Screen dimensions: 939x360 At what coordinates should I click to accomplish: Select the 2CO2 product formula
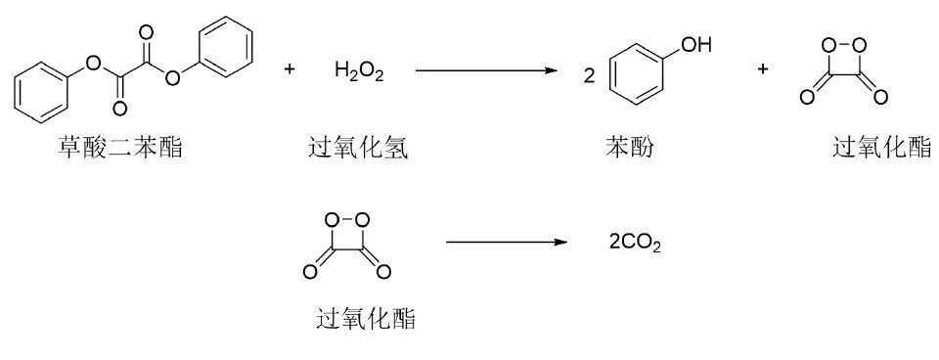coord(635,242)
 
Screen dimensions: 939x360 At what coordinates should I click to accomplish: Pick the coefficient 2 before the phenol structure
coord(589,75)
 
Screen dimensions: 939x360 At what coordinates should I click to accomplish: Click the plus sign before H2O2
coord(290,69)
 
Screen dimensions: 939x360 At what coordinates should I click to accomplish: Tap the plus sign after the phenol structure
coord(763,69)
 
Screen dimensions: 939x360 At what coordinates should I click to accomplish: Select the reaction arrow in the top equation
coord(485,70)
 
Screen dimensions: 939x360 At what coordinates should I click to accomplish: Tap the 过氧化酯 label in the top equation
coord(881,149)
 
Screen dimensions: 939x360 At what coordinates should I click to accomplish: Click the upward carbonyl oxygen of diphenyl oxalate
coord(147,32)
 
